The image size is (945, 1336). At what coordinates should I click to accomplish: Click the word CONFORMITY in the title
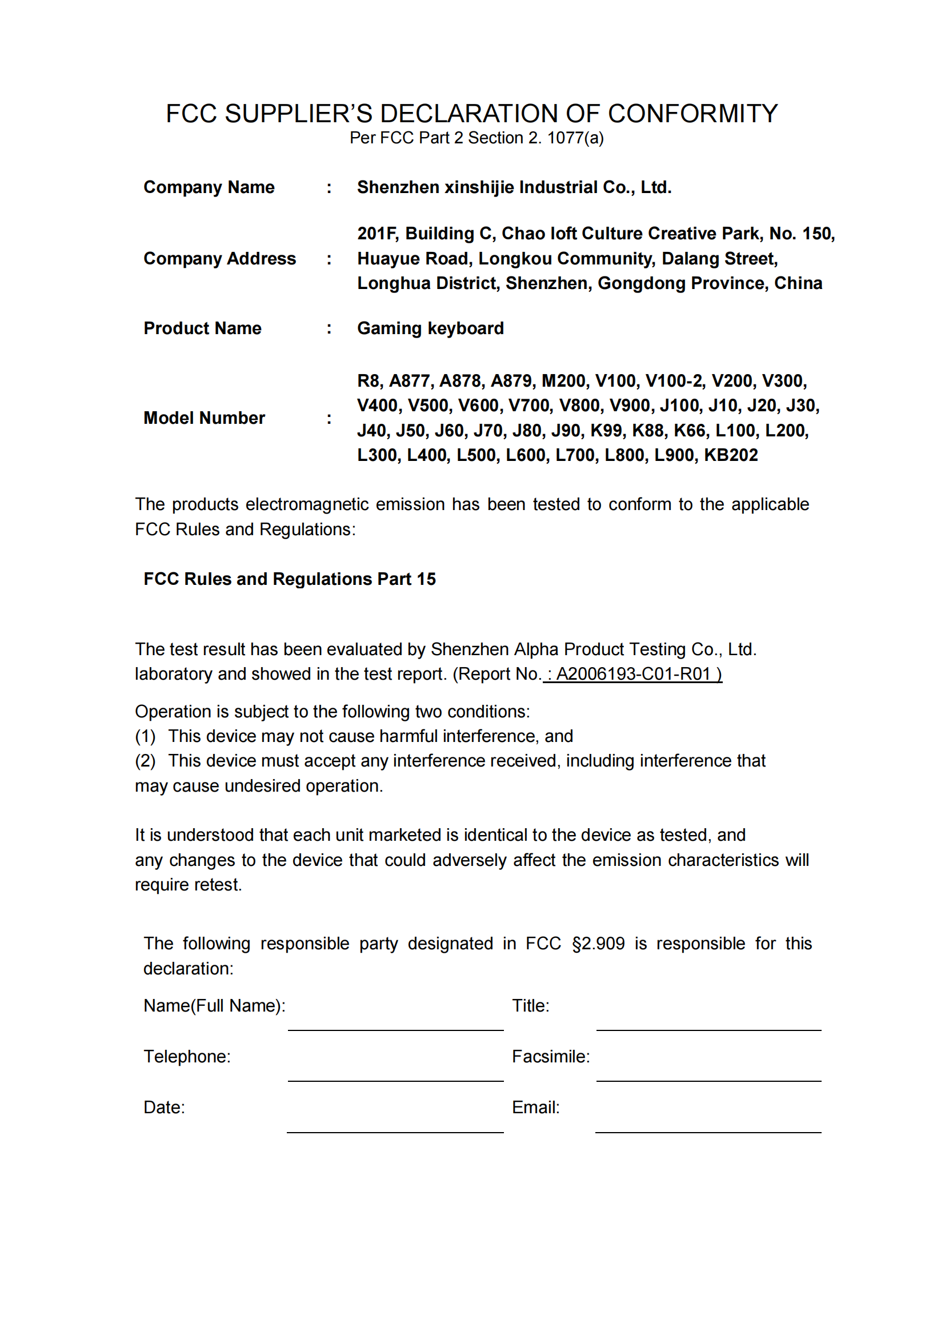[692, 114]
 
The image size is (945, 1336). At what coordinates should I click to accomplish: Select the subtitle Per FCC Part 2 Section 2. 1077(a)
[476, 138]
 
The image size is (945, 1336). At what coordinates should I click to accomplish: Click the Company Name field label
[209, 187]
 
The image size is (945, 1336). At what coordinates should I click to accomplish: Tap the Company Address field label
[219, 258]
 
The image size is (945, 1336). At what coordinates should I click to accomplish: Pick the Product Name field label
[202, 328]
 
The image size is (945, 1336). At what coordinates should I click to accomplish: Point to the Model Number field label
[204, 418]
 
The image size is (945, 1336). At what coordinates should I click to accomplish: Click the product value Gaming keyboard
[430, 328]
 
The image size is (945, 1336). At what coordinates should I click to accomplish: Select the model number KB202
[731, 455]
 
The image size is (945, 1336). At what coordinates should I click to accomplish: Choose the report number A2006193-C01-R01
[633, 674]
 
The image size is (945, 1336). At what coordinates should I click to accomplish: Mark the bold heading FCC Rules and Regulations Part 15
[289, 579]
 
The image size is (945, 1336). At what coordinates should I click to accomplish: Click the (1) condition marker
[145, 737]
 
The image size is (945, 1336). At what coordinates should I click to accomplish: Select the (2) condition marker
[145, 761]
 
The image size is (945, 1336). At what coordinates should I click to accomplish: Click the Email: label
[535, 1108]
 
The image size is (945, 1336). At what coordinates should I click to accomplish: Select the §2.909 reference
[598, 944]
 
